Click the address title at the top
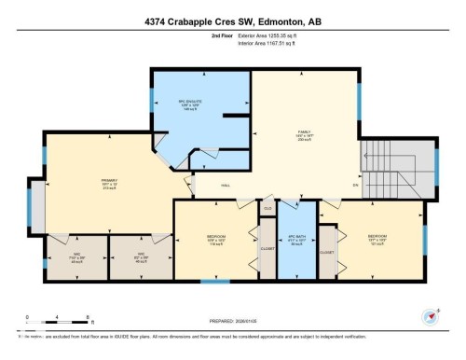click(x=233, y=20)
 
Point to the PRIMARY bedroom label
click(x=107, y=181)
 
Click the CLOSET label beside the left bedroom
click(x=267, y=250)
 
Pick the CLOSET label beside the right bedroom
click(x=326, y=252)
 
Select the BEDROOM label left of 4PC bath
click(x=215, y=237)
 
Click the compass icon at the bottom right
click(x=430, y=315)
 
